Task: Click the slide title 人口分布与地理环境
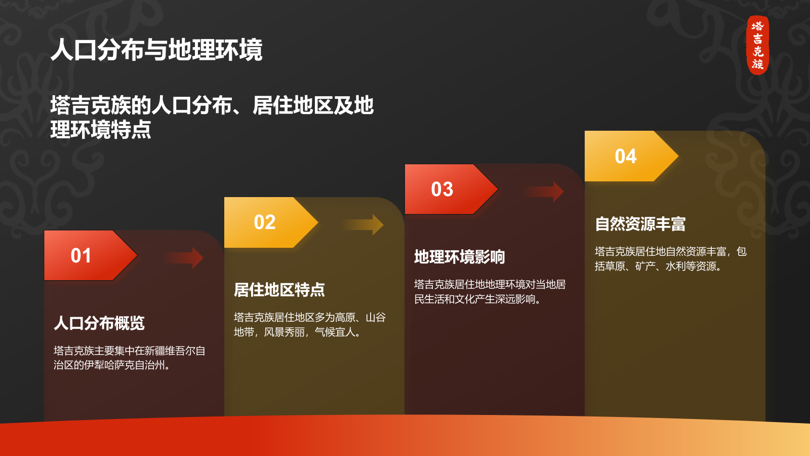click(156, 50)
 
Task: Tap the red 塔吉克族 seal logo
click(757, 45)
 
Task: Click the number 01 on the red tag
click(81, 255)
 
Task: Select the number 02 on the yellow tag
click(265, 222)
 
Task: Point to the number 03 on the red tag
click(442, 189)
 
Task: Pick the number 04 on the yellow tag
click(626, 156)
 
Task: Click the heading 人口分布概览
click(99, 323)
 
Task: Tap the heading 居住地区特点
click(279, 290)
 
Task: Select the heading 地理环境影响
click(459, 257)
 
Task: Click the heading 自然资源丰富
click(640, 224)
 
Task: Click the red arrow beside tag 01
click(184, 258)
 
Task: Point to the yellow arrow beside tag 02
click(364, 225)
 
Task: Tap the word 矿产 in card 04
click(645, 266)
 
